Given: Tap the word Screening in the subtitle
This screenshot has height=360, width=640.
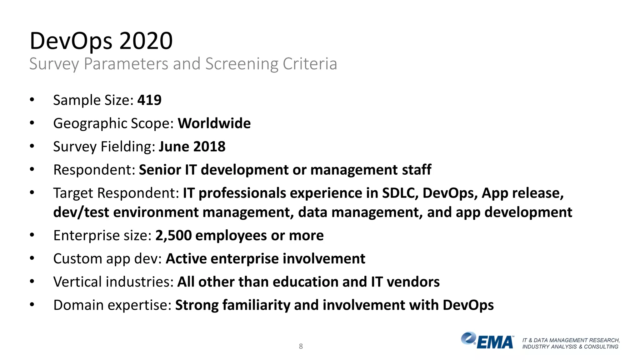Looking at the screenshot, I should pyautogui.click(x=242, y=64).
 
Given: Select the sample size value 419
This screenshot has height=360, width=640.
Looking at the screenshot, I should pyautogui.click(x=149, y=100).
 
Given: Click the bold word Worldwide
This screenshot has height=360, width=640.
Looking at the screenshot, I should pyautogui.click(x=214, y=123).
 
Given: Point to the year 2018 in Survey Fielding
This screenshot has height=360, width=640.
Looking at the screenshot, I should pyautogui.click(x=209, y=147).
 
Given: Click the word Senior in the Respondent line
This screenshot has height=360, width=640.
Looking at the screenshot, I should pyautogui.click(x=160, y=170).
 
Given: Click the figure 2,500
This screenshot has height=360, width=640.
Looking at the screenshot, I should pyautogui.click(x=173, y=236).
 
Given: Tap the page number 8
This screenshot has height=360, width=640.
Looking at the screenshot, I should pyautogui.click(x=301, y=346).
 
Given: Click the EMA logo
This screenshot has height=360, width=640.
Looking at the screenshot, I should pyautogui.click(x=487, y=341).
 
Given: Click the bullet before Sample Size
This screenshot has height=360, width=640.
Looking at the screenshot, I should pyautogui.click(x=32, y=100).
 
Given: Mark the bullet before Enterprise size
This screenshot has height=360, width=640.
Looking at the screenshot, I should pyautogui.click(x=32, y=235).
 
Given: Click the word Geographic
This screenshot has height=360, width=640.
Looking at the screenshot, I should pyautogui.click(x=90, y=123).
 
